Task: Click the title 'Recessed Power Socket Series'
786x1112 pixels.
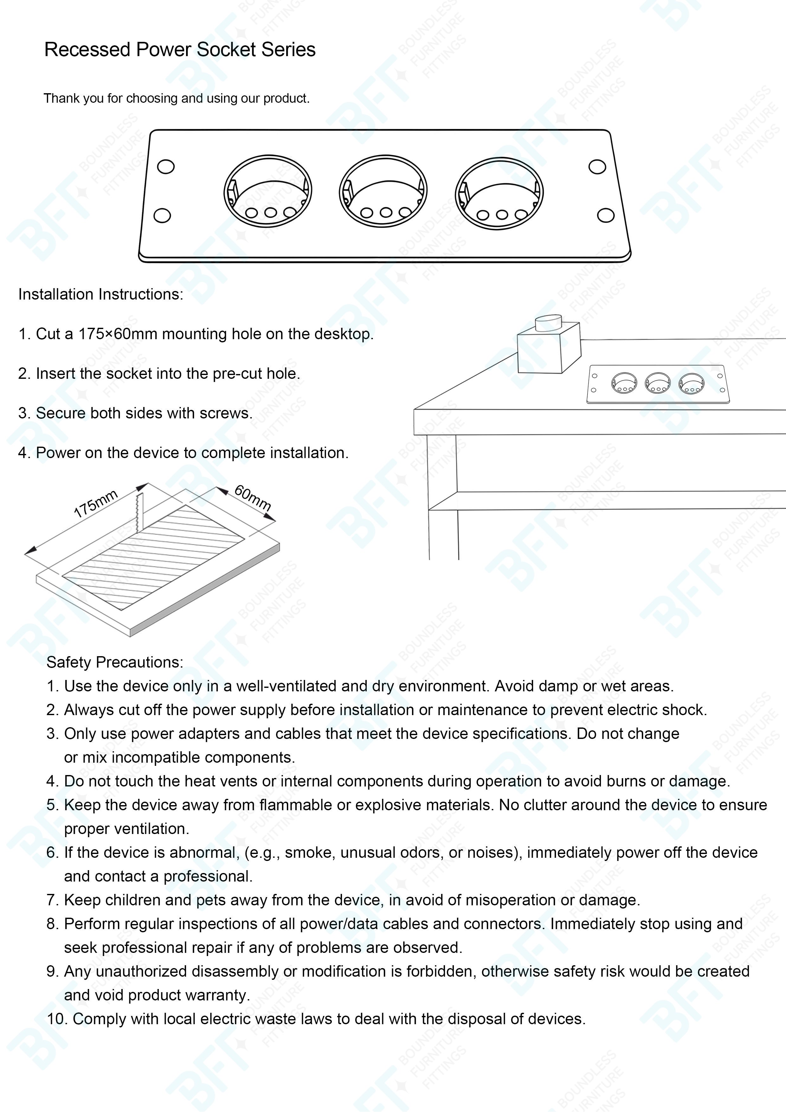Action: tap(180, 50)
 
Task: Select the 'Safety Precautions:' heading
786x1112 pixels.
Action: tap(115, 662)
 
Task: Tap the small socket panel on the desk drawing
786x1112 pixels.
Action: tap(658, 384)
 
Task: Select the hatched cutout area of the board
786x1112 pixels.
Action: tap(153, 557)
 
